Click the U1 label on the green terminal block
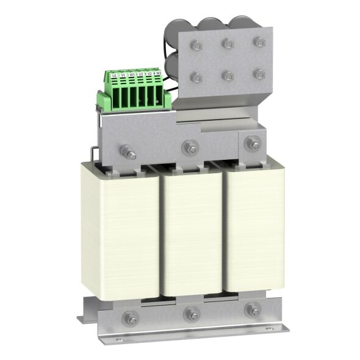point(115,76)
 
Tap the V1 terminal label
point(123,76)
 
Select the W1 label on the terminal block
point(132,75)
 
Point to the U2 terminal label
point(141,74)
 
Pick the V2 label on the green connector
point(149,74)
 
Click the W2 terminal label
point(158,73)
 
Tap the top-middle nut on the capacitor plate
point(227,43)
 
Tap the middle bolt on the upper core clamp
point(189,147)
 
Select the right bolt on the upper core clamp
point(250,144)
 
